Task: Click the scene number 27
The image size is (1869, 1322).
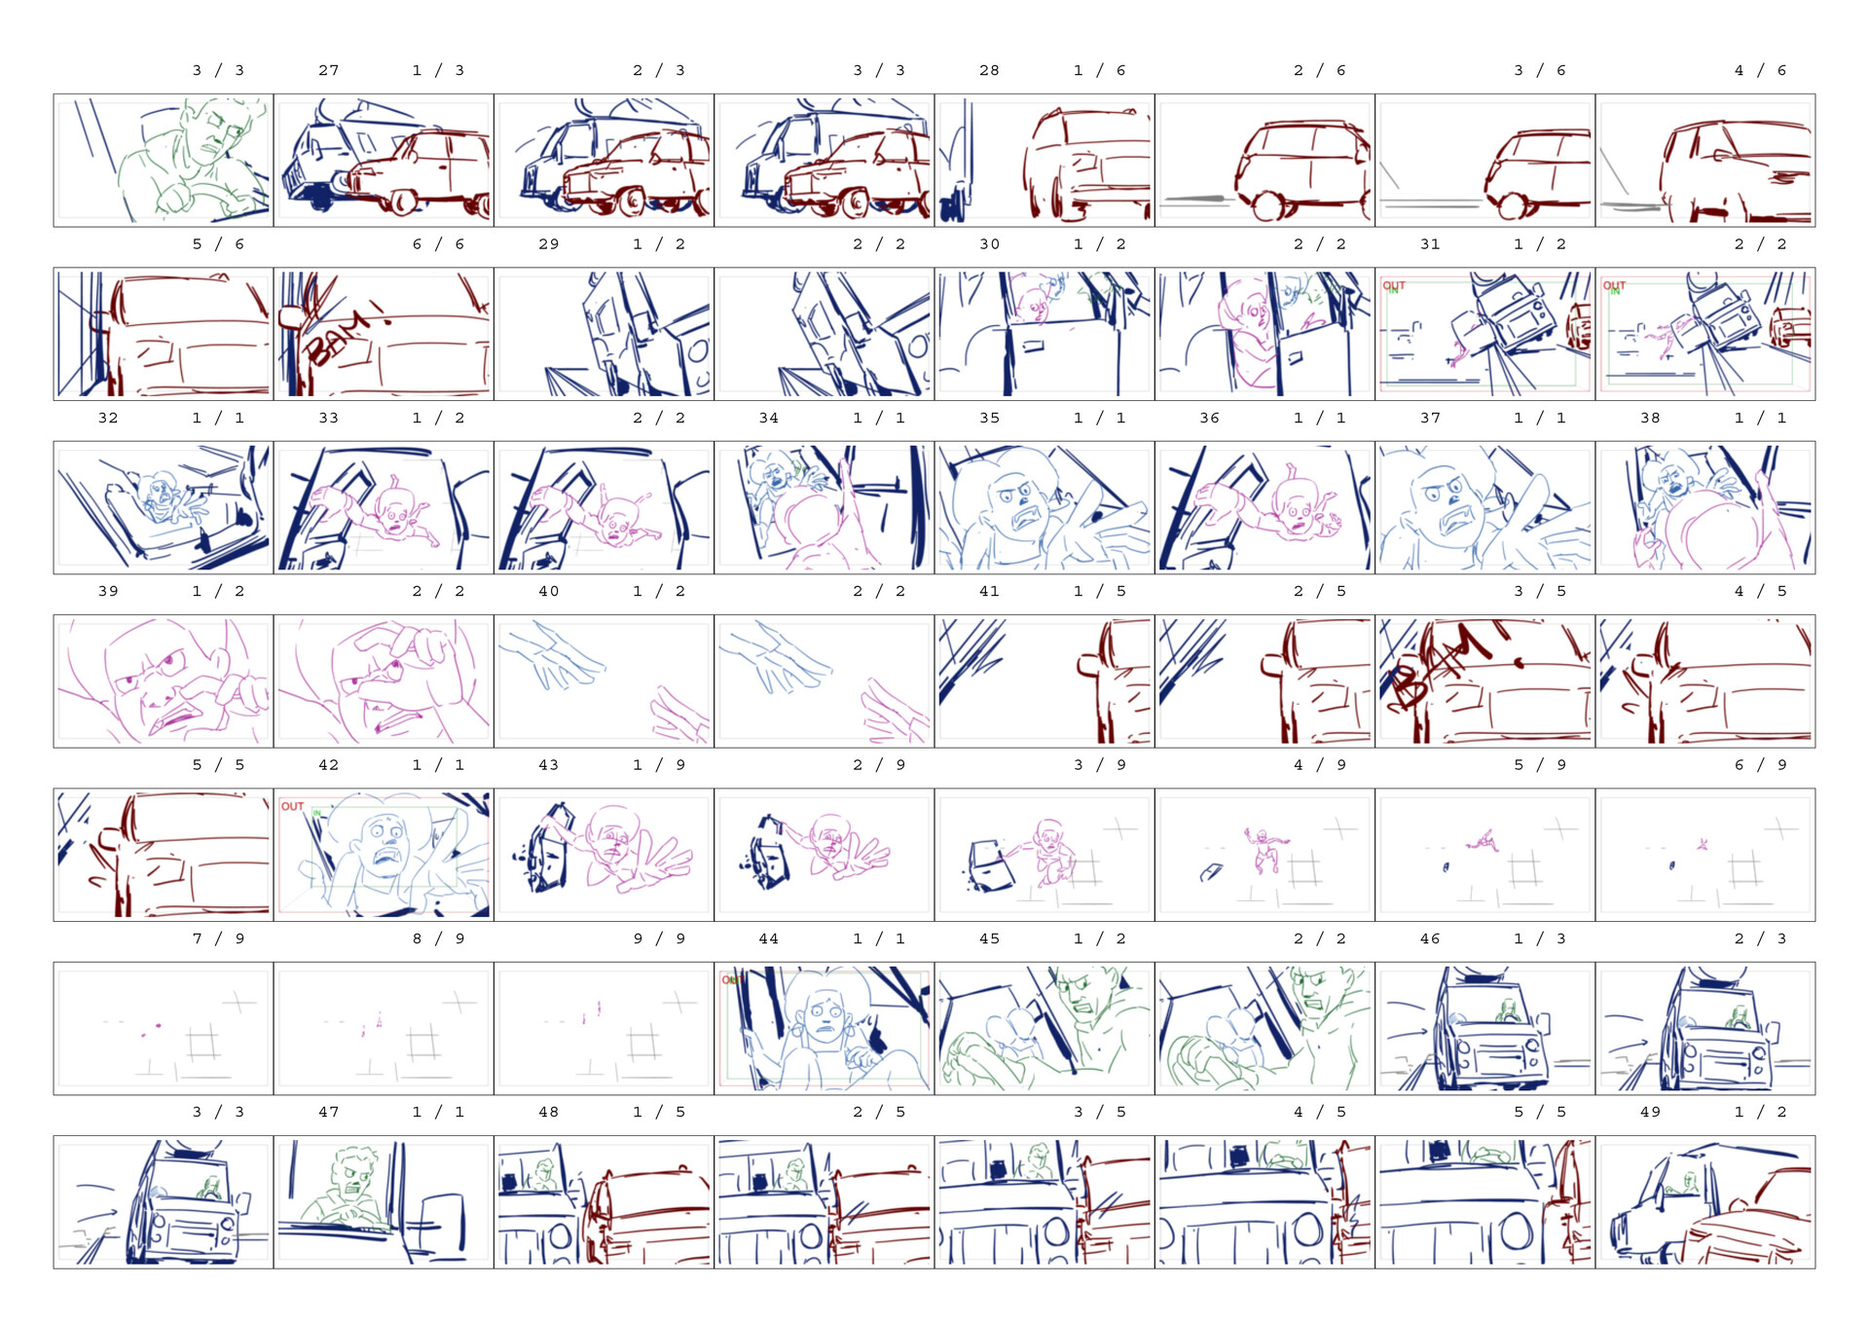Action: [x=328, y=70]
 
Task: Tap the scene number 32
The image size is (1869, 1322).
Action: [x=108, y=418]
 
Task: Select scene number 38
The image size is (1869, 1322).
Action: [x=1650, y=418]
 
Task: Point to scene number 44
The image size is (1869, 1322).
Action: [x=768, y=938]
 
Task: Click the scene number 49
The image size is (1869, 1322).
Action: [x=1650, y=1112]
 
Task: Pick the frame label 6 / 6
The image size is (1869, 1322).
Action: [x=438, y=244]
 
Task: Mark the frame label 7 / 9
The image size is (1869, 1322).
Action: [x=218, y=938]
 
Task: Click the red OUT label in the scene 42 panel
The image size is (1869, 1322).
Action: [x=292, y=806]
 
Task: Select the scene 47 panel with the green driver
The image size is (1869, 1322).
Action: [x=384, y=1201]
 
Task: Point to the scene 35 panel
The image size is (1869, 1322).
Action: [x=1044, y=507]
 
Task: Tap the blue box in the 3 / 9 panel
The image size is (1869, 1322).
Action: [x=991, y=865]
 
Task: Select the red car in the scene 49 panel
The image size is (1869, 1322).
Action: [x=1747, y=1222]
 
